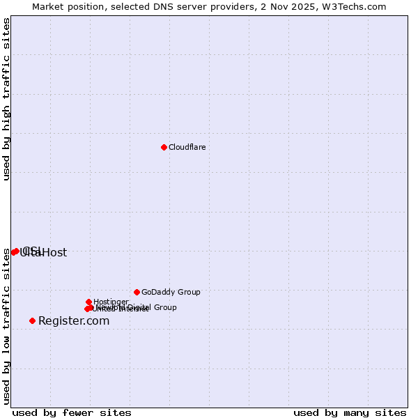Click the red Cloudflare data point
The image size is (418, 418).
point(164,147)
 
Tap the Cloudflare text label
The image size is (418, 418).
point(187,147)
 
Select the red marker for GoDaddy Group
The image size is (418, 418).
point(137,292)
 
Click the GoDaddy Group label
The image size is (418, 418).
point(171,292)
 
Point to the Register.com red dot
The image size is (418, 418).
point(32,320)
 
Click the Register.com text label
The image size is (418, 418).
point(74,321)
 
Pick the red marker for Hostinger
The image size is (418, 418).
point(88,302)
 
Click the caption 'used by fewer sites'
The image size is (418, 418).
point(72,412)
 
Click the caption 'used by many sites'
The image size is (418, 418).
point(350,412)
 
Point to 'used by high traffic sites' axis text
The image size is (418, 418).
point(6,99)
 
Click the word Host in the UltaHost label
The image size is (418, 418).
point(55,253)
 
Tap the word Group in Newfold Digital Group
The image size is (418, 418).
point(164,307)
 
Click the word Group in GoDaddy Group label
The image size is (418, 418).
point(188,292)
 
